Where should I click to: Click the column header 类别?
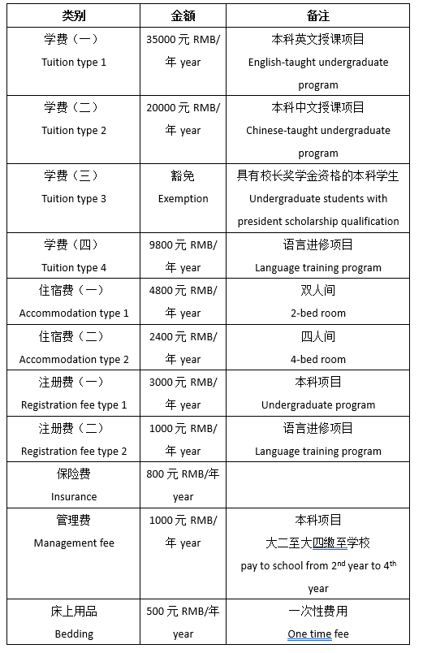tap(73, 16)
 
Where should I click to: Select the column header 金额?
tap(183, 16)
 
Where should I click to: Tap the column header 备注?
tap(317, 16)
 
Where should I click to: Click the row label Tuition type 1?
tap(74, 63)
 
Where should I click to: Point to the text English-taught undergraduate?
tap(318, 63)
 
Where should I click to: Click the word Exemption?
tap(183, 199)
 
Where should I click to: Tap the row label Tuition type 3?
tap(74, 199)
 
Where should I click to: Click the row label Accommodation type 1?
tap(74, 314)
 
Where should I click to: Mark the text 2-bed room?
tap(318, 314)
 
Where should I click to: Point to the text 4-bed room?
tap(318, 359)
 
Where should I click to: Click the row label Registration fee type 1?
tap(74, 405)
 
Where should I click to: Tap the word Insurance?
tap(74, 497)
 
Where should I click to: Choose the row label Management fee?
tap(74, 543)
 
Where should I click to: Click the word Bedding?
tap(74, 634)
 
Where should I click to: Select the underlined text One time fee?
tap(318, 634)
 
